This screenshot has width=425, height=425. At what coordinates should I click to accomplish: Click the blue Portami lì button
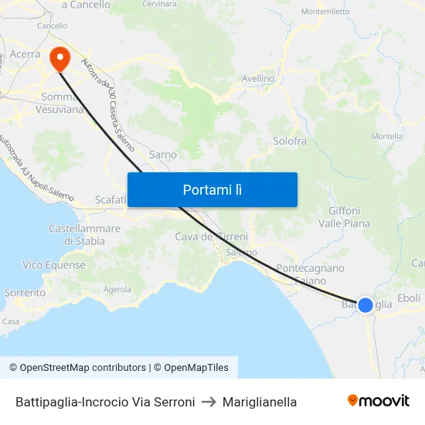tap(212, 189)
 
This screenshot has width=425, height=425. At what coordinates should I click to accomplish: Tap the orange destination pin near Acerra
tap(59, 58)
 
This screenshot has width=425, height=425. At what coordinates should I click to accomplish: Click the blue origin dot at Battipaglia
tap(365, 304)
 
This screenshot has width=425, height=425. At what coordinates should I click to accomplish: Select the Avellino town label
tap(258, 79)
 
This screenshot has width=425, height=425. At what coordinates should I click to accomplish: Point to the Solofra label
tap(290, 141)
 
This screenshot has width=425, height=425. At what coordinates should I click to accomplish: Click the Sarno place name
tap(163, 155)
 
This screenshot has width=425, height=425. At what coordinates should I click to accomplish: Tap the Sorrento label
tap(25, 293)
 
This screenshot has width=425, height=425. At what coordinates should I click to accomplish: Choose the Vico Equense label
tap(54, 265)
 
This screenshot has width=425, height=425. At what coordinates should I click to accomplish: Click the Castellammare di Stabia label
tap(84, 235)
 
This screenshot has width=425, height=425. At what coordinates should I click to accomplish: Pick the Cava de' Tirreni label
tap(211, 236)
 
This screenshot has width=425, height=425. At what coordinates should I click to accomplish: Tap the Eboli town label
tap(408, 298)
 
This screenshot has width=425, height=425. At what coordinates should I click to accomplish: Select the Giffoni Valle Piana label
tap(344, 216)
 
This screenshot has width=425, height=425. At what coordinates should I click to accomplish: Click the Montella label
tap(408, 136)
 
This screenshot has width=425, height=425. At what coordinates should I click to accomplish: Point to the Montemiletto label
tap(325, 12)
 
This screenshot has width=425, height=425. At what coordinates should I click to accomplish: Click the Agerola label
tap(117, 290)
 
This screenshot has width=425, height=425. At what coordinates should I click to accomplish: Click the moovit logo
tap(378, 401)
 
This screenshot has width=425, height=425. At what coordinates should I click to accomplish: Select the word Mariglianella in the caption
tap(260, 402)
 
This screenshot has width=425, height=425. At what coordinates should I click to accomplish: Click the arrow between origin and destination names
tap(209, 402)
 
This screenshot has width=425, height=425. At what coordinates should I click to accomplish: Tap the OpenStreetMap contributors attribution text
tap(78, 368)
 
